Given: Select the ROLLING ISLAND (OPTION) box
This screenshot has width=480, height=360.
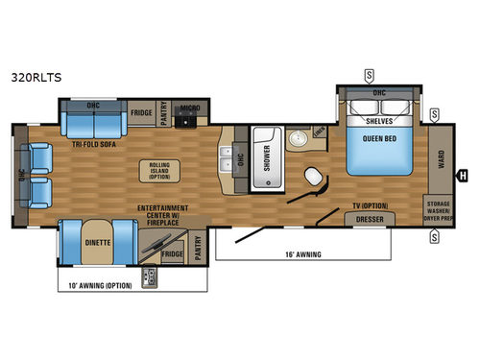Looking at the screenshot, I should [x=159, y=170].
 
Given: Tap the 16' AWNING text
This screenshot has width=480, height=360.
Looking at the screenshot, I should [x=303, y=253].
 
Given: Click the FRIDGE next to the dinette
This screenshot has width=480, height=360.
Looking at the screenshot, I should [x=173, y=254].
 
